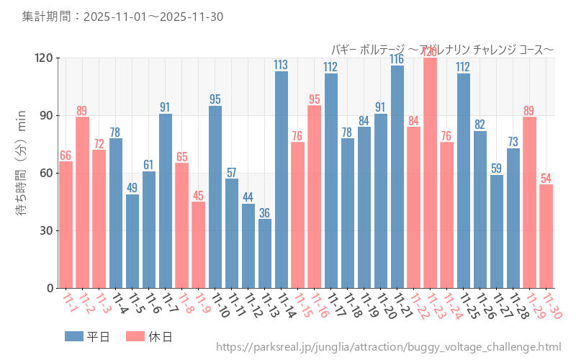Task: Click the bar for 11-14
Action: pos(282,180)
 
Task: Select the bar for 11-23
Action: pos(431,173)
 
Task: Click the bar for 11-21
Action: pos(397,177)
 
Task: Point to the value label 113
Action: pos(282,65)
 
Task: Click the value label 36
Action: pos(265,212)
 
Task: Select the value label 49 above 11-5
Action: pos(132,188)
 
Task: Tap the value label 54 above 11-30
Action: pos(546,178)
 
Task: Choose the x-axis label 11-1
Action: pos(70,302)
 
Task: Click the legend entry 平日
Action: pos(87,336)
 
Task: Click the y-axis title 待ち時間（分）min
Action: pos(21,173)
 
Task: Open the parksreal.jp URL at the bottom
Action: pos(388,347)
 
